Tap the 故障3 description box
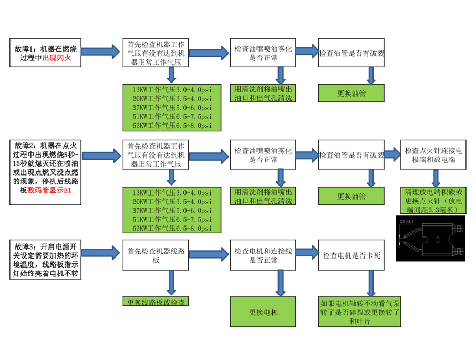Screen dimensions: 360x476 click(46, 260)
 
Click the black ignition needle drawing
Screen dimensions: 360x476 click(431, 241)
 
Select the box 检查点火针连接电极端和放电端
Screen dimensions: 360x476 click(434, 155)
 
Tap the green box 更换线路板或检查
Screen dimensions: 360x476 click(156, 302)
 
